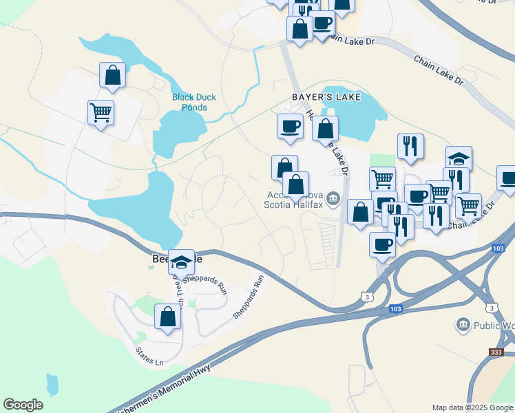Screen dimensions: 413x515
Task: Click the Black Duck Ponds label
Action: [x=193, y=102]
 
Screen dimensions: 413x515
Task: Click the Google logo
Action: [x=23, y=405]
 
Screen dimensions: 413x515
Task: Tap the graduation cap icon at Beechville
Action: [x=181, y=262]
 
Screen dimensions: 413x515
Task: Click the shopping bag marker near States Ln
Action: [x=167, y=317]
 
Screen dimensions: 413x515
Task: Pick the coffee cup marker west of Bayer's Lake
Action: [x=290, y=126]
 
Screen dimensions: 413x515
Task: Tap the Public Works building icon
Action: [x=463, y=324]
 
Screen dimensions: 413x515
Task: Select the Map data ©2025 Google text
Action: [x=472, y=407]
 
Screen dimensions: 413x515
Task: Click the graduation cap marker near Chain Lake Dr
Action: [x=459, y=158]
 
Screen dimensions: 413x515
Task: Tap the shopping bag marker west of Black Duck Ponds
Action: [x=113, y=74]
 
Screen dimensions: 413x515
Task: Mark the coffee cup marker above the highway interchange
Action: [x=382, y=244]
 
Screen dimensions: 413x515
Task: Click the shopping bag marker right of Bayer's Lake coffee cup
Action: [x=325, y=128]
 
